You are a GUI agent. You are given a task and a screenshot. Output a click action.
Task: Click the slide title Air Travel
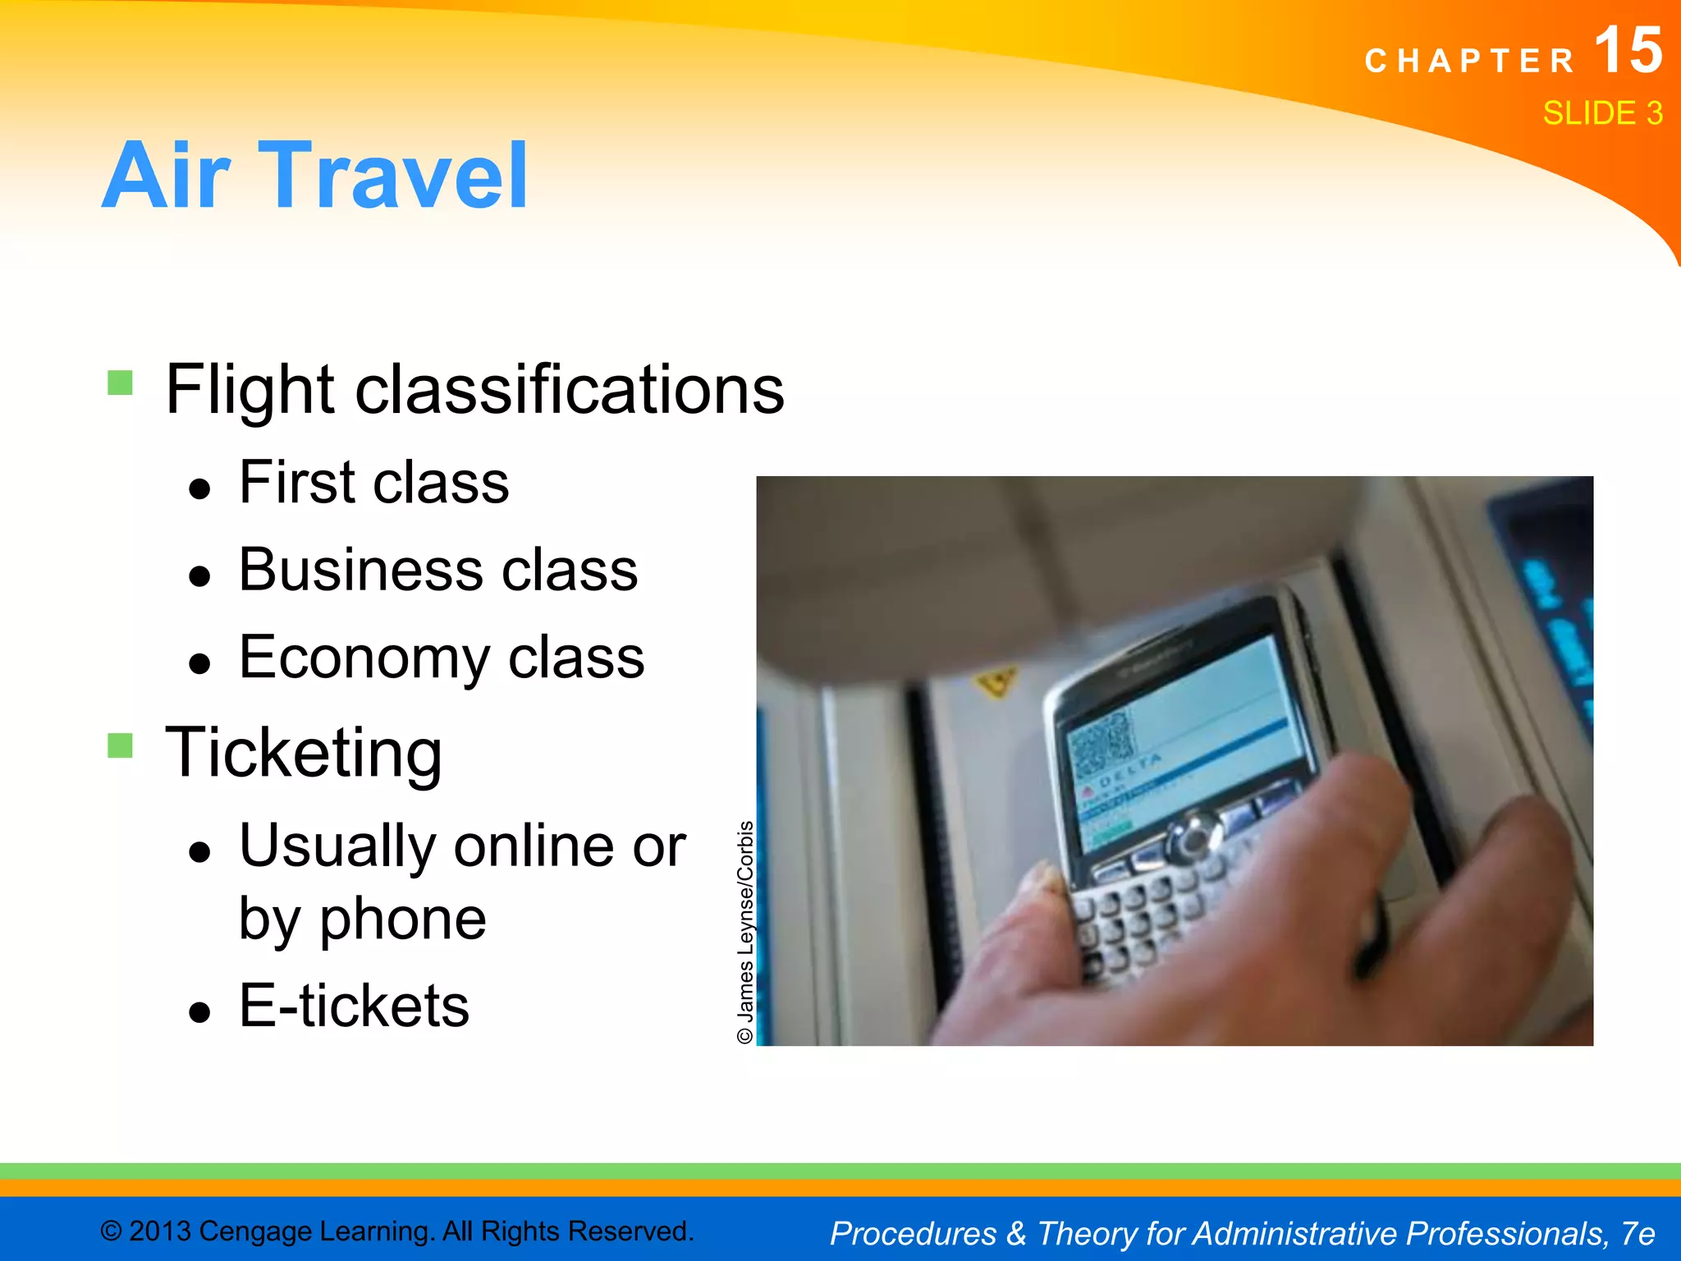(x=314, y=175)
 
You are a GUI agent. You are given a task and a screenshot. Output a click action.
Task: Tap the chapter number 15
(x=1628, y=51)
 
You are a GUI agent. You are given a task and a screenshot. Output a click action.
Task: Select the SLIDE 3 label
(x=1602, y=113)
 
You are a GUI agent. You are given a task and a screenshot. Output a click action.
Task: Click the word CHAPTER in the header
(x=1469, y=62)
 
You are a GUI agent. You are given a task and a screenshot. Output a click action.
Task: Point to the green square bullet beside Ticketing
(x=120, y=745)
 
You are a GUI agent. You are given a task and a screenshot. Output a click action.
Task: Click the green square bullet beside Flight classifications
(x=120, y=383)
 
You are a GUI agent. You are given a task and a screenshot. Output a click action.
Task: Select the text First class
(x=373, y=483)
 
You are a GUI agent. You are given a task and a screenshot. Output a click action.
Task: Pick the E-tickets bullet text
(x=354, y=1006)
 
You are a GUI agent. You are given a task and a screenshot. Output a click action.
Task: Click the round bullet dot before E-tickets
(x=199, y=1012)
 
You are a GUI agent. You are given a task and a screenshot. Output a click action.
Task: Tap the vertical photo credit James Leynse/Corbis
(x=744, y=932)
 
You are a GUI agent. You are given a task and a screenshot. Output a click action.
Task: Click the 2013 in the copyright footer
(x=160, y=1231)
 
